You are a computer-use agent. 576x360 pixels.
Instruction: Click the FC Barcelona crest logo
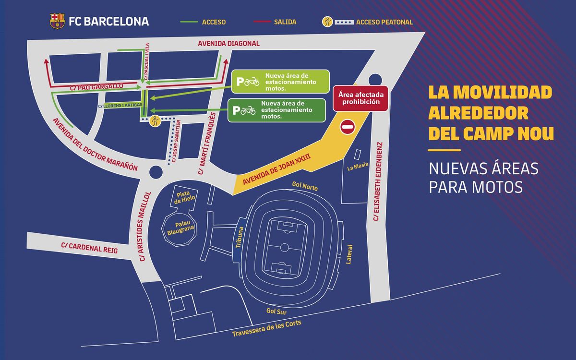coord(57,21)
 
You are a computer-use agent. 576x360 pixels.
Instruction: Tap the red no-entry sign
coord(348,127)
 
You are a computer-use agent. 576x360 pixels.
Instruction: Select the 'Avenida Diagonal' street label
coord(228,44)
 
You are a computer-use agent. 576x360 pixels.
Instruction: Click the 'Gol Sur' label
coord(277,311)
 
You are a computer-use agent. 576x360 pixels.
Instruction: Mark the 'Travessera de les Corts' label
coord(266,329)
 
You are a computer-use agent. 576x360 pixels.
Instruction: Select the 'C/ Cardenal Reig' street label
coord(89,248)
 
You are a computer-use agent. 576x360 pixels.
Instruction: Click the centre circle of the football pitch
coord(284,248)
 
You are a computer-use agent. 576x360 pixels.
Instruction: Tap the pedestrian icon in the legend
coord(327,22)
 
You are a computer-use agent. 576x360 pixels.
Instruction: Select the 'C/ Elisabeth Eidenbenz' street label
coord(378,182)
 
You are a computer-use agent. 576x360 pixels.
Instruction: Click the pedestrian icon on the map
coord(155,121)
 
